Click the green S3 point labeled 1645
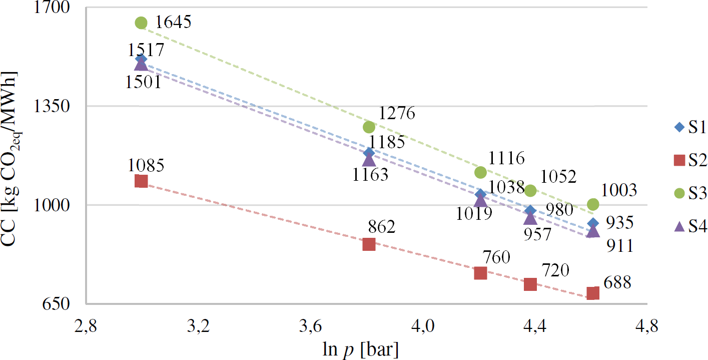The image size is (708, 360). (x=141, y=23)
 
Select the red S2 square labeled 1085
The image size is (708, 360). (x=141, y=181)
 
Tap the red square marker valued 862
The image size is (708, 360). (x=369, y=244)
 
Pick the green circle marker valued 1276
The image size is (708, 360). (x=369, y=127)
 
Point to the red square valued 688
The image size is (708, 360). (x=593, y=293)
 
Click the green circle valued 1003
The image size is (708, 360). (x=593, y=204)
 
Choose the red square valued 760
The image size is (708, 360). (x=480, y=273)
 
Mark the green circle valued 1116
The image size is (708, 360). (x=480, y=172)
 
